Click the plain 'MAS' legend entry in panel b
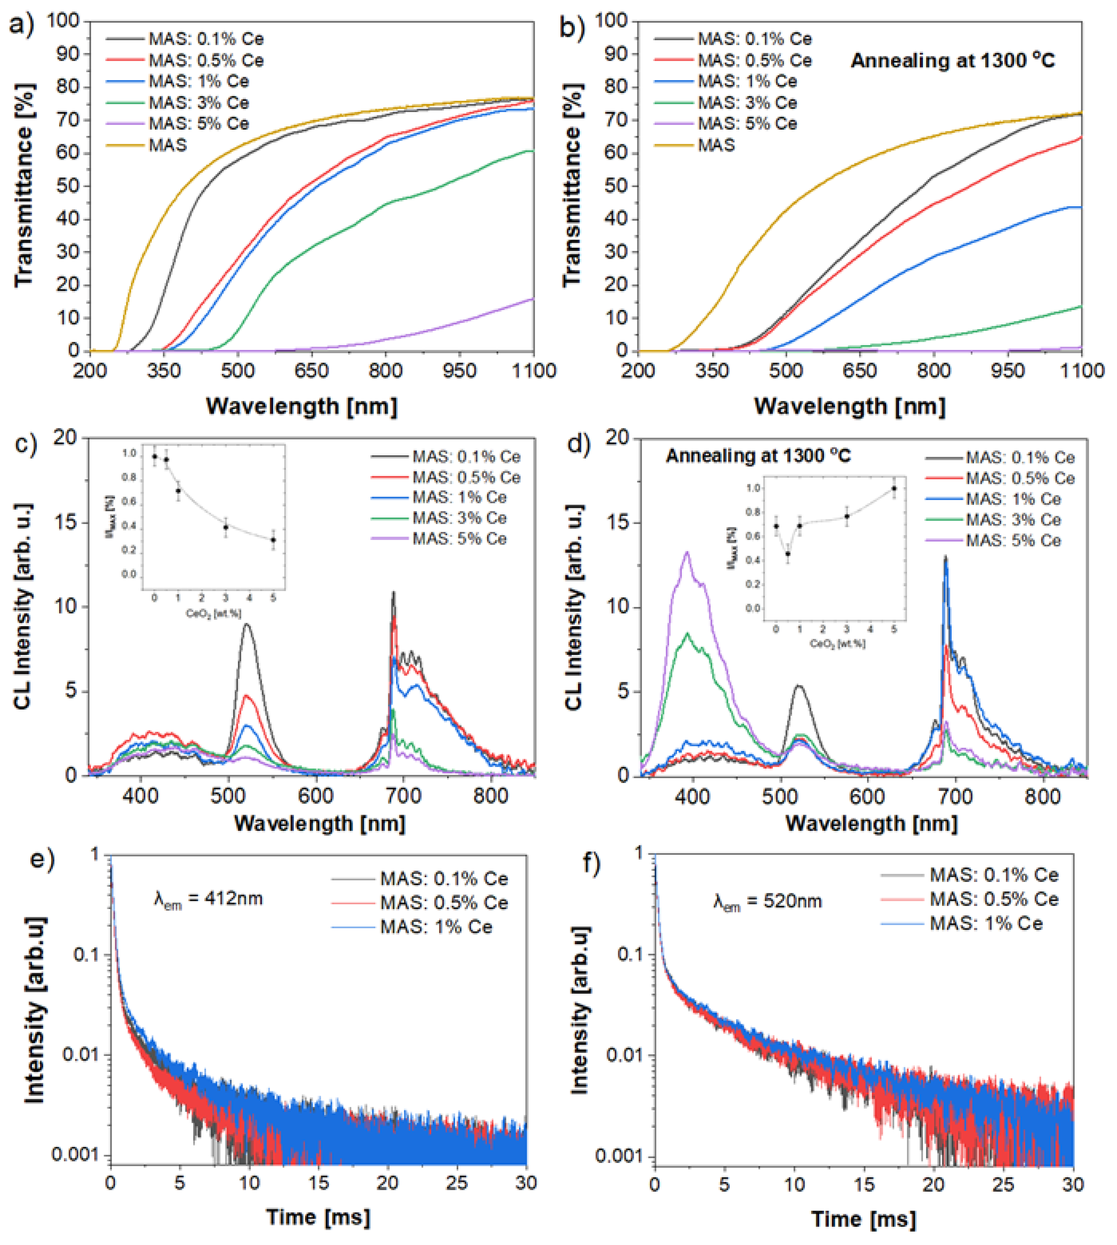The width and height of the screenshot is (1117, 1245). tap(716, 145)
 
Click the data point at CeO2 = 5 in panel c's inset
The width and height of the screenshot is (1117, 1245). tap(273, 540)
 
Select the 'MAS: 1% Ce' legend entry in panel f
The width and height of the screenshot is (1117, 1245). tap(986, 923)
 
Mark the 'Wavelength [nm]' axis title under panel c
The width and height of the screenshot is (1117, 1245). tap(320, 823)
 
